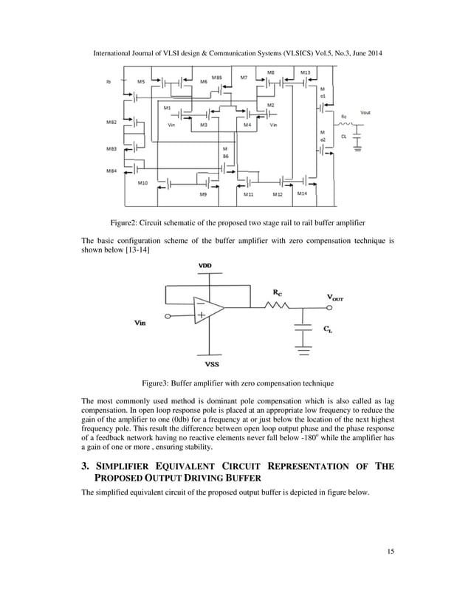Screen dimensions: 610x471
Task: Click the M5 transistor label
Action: tap(140, 82)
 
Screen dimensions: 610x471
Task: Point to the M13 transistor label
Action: tap(306, 72)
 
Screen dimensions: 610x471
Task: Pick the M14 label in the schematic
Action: tap(301, 193)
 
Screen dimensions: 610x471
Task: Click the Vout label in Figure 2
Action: tap(365, 112)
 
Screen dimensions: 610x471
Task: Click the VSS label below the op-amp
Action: tap(208, 363)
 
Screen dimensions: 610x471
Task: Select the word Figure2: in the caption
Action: tap(126, 221)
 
